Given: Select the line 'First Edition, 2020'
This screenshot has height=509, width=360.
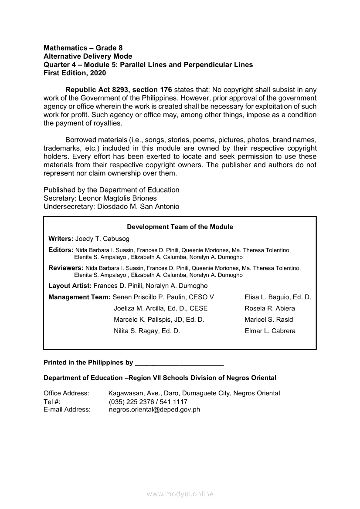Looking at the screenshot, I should click(x=75, y=73).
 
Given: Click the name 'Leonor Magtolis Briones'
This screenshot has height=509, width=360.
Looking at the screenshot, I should click(x=120, y=198).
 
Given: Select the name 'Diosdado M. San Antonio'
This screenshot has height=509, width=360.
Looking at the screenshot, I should click(x=137, y=206).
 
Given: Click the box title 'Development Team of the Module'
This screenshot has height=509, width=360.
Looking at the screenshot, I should click(x=180, y=227).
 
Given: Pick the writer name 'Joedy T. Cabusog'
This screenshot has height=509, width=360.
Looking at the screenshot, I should click(x=102, y=239).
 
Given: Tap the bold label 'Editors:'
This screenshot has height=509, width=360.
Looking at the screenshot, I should click(x=61, y=250).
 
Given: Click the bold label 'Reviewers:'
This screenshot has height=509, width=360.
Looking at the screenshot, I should click(x=66, y=268).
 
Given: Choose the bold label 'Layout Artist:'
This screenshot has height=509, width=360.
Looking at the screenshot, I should click(x=70, y=286).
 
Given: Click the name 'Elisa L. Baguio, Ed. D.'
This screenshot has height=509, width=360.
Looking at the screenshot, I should click(x=278, y=297).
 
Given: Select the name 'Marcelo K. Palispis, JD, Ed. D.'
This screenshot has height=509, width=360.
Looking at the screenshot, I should click(x=159, y=320).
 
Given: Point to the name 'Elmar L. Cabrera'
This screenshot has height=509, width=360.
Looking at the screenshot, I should click(x=270, y=331).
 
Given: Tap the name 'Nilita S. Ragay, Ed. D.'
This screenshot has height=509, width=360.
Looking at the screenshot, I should click(x=146, y=331).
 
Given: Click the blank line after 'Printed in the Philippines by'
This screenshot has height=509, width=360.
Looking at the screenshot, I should click(x=179, y=363).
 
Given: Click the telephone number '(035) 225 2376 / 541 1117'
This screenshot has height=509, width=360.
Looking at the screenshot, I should click(x=148, y=401).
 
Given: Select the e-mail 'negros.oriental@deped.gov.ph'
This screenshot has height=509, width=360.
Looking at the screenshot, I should click(x=154, y=410).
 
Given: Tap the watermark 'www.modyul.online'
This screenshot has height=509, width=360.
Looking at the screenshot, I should click(x=180, y=494).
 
